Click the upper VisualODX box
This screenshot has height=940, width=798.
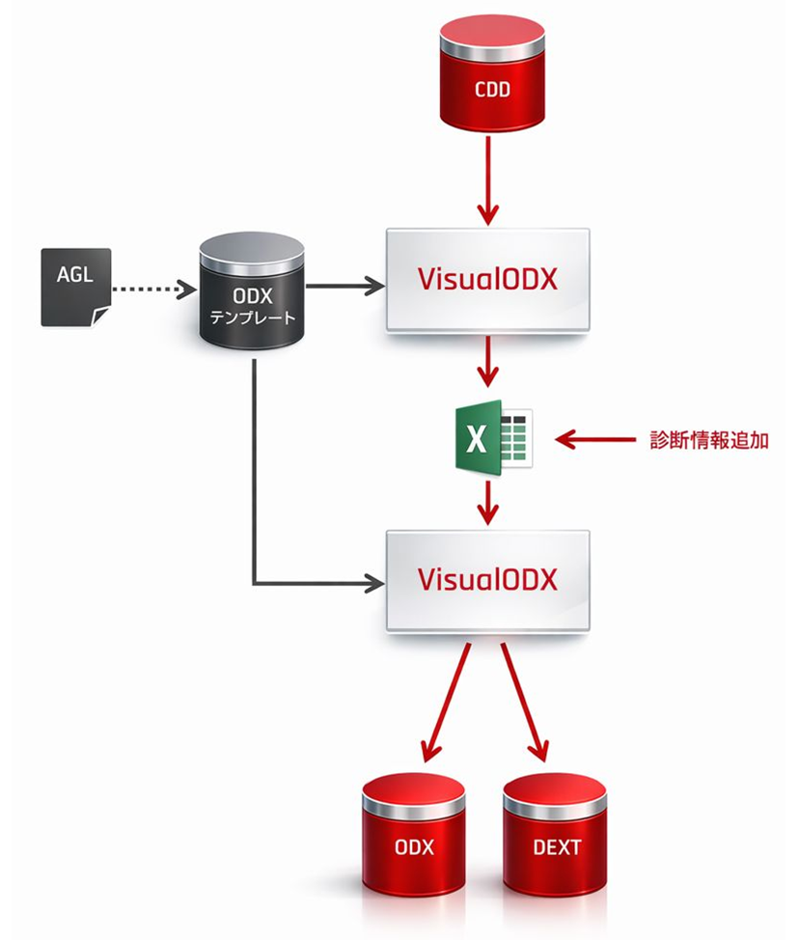click(487, 279)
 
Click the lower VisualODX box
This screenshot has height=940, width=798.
click(487, 580)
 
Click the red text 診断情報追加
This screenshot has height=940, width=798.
click(709, 440)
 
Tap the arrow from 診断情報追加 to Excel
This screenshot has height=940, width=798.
click(598, 440)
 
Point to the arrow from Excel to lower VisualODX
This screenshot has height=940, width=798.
click(490, 501)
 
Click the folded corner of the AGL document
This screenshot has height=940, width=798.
click(100, 317)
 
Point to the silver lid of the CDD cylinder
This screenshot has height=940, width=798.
click(491, 36)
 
